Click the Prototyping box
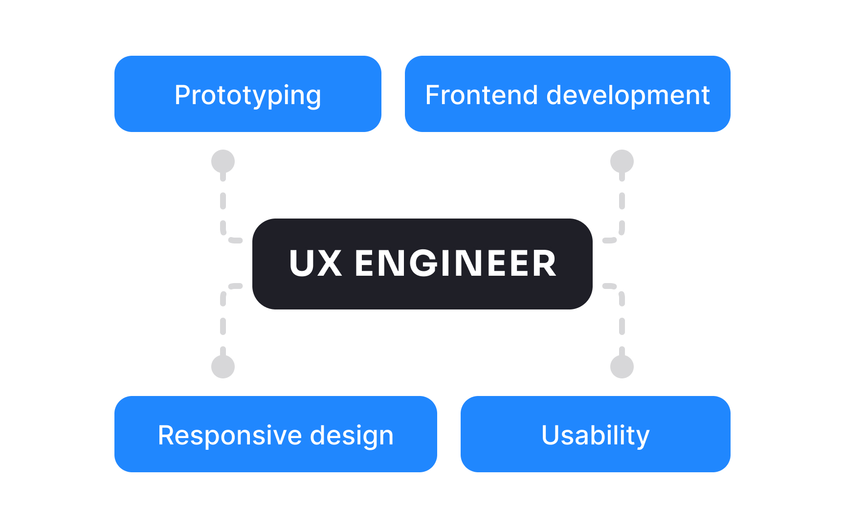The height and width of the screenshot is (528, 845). (247, 94)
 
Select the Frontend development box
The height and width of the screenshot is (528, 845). (567, 94)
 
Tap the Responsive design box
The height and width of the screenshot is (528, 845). (275, 434)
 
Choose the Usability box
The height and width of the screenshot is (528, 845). (595, 434)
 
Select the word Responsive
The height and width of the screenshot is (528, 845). (226, 435)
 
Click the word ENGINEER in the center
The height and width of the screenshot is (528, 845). (455, 264)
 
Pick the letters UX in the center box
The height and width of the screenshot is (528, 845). (315, 264)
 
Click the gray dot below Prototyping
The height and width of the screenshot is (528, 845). (223, 161)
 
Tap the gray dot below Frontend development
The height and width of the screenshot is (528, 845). (622, 161)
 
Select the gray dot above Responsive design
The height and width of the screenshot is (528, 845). (223, 367)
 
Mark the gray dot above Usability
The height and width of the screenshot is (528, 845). (622, 367)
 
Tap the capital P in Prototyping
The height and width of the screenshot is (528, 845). (182, 95)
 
